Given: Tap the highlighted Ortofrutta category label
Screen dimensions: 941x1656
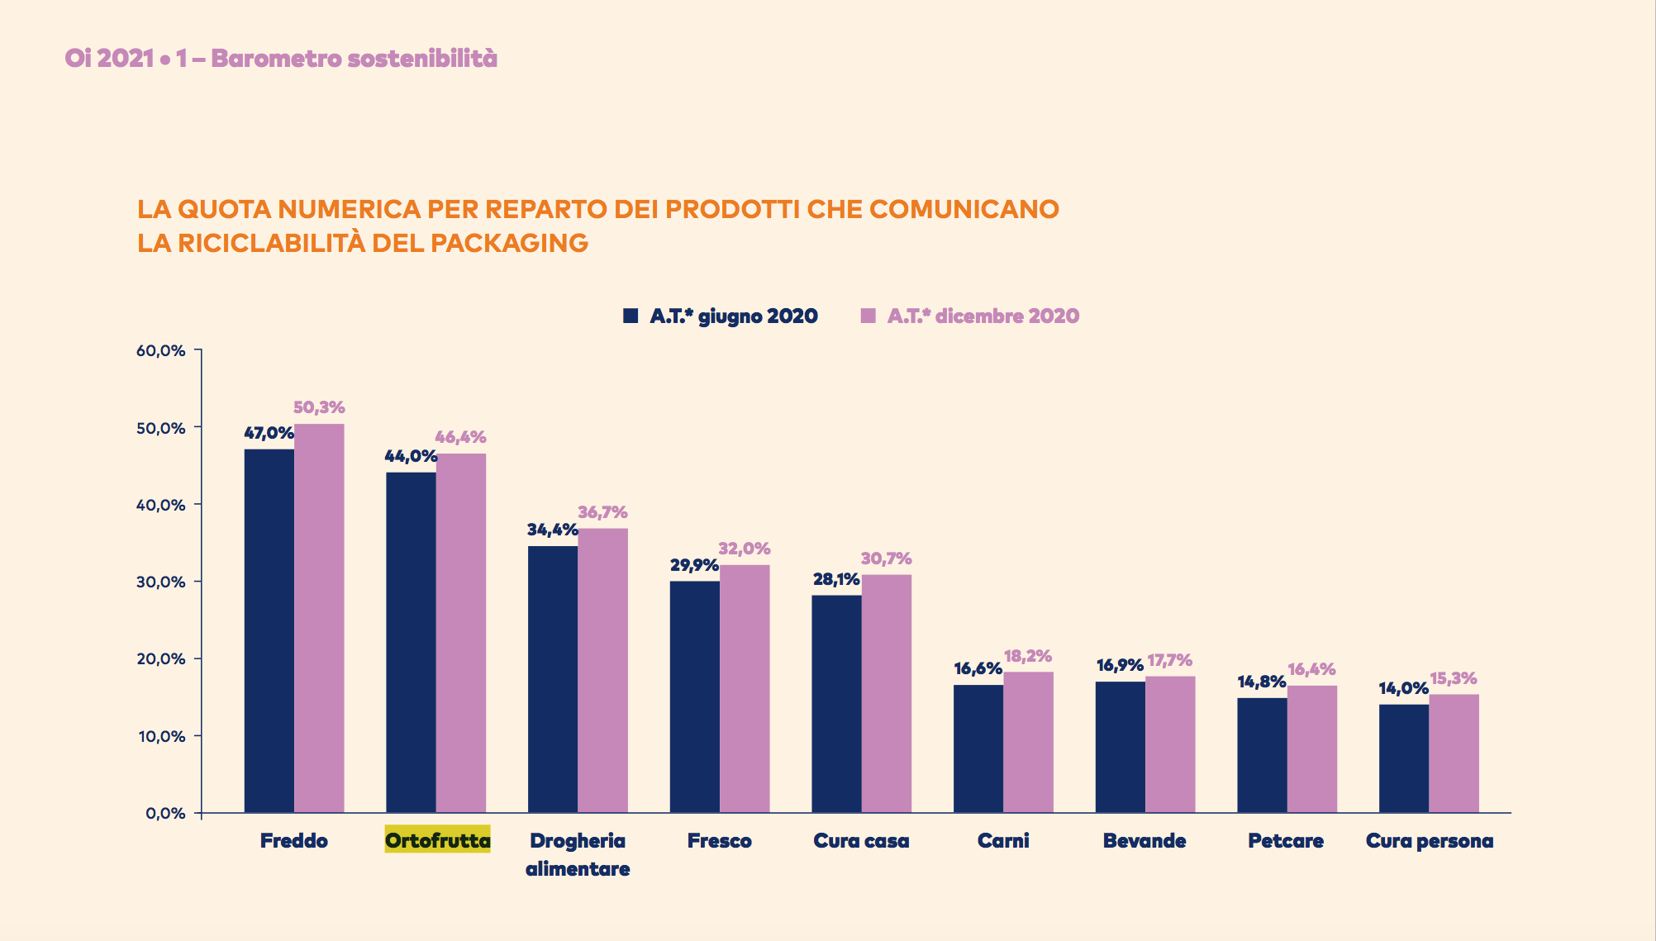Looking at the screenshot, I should click(x=437, y=840).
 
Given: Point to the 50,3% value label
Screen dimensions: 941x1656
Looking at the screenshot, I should click(x=319, y=407).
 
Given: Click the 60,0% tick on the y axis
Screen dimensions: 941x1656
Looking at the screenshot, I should click(x=161, y=350).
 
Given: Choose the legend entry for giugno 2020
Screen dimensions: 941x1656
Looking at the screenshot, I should click(x=721, y=316).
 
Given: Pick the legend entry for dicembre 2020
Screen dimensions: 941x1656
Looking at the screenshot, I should click(x=970, y=316).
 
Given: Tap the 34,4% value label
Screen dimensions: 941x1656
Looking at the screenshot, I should click(x=552, y=530).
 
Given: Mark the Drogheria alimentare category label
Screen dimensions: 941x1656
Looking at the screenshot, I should click(x=578, y=854).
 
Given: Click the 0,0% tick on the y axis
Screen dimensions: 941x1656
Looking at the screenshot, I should click(x=165, y=813).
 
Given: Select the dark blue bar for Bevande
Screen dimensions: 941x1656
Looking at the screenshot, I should click(x=1121, y=747).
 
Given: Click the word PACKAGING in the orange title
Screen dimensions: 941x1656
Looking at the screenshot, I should click(x=509, y=243).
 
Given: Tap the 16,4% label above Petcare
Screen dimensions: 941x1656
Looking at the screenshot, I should click(x=1311, y=669).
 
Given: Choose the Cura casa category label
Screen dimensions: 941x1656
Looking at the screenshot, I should click(x=861, y=840).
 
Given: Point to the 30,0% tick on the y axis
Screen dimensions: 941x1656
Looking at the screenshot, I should click(x=161, y=582).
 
